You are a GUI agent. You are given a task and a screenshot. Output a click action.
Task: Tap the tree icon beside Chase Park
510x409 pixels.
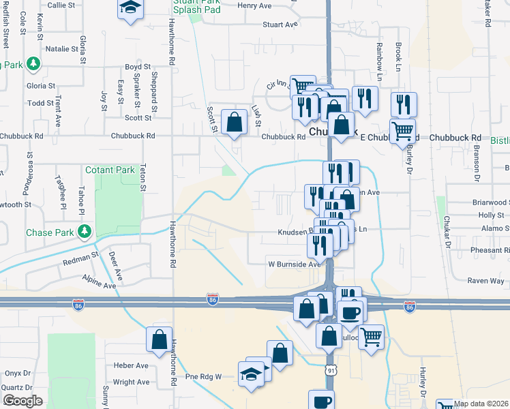pos(85,232)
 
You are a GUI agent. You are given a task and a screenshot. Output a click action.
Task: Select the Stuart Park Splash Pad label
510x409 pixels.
pos(196,6)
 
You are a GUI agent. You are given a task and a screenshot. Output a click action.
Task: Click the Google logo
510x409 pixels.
pos(22,400)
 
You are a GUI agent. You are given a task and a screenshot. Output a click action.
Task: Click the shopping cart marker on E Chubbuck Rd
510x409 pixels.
pos(402,130)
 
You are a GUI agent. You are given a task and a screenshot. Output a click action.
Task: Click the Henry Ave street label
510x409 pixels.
pos(254,5)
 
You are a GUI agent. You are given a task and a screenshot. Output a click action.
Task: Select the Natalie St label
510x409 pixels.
pos(62,49)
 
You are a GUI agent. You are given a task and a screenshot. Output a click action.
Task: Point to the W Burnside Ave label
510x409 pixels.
pos(293,264)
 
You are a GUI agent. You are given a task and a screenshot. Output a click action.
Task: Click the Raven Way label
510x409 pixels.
pos(485,281)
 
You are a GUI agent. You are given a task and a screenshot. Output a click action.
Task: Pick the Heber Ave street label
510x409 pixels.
pos(131,365)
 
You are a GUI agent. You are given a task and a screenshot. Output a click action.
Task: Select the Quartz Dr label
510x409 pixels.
pos(16,387)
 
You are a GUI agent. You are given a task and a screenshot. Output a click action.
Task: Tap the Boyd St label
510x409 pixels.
pos(137,67)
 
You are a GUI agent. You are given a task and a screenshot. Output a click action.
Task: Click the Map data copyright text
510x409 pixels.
pos(481,404)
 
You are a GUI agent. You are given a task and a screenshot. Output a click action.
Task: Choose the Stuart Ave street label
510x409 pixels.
pos(282,24)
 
